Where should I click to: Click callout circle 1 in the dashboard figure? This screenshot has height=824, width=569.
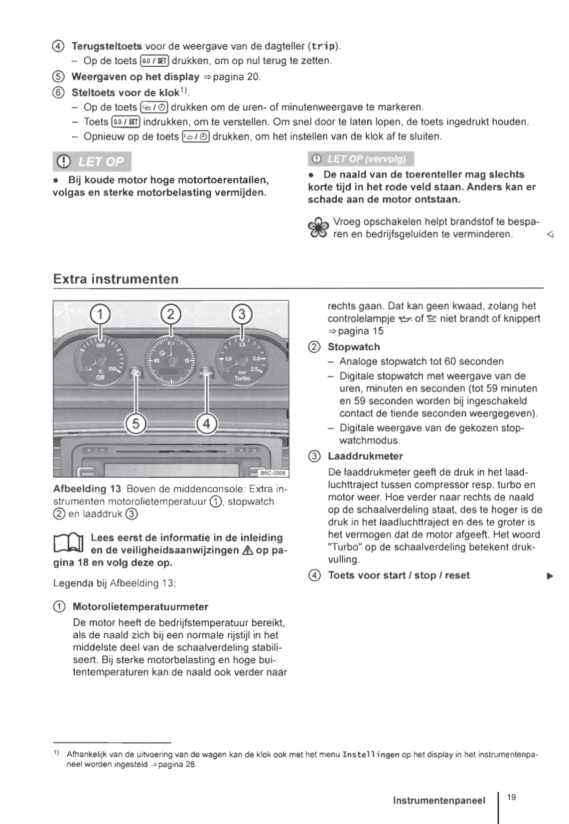(100, 314)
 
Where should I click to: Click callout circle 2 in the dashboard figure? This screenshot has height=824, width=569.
(171, 314)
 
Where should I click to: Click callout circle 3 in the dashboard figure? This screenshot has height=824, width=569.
(242, 314)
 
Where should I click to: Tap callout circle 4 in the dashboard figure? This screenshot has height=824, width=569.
(206, 424)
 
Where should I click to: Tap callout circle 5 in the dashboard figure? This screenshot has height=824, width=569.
(136, 424)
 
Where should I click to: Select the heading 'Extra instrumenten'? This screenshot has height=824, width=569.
(116, 279)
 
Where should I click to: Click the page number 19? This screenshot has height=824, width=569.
(511, 797)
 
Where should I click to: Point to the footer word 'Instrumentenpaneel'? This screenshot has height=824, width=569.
(438, 801)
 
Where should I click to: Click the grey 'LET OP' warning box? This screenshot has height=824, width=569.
(92, 161)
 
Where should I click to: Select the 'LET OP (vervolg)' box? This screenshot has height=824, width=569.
(361, 159)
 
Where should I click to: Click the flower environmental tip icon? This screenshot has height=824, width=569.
(318, 228)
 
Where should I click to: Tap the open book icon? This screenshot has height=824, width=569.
(68, 544)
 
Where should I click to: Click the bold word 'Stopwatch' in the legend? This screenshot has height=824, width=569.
(354, 347)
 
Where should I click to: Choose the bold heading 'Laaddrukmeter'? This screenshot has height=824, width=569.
(365, 456)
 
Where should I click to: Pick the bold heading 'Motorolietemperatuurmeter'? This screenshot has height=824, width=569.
(141, 606)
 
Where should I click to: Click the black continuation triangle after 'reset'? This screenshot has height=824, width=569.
(550, 576)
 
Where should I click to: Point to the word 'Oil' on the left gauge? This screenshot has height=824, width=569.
(100, 378)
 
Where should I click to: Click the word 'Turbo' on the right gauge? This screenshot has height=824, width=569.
(242, 378)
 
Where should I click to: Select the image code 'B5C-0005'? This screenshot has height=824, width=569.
(273, 473)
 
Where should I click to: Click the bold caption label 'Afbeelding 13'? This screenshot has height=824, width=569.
(87, 489)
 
